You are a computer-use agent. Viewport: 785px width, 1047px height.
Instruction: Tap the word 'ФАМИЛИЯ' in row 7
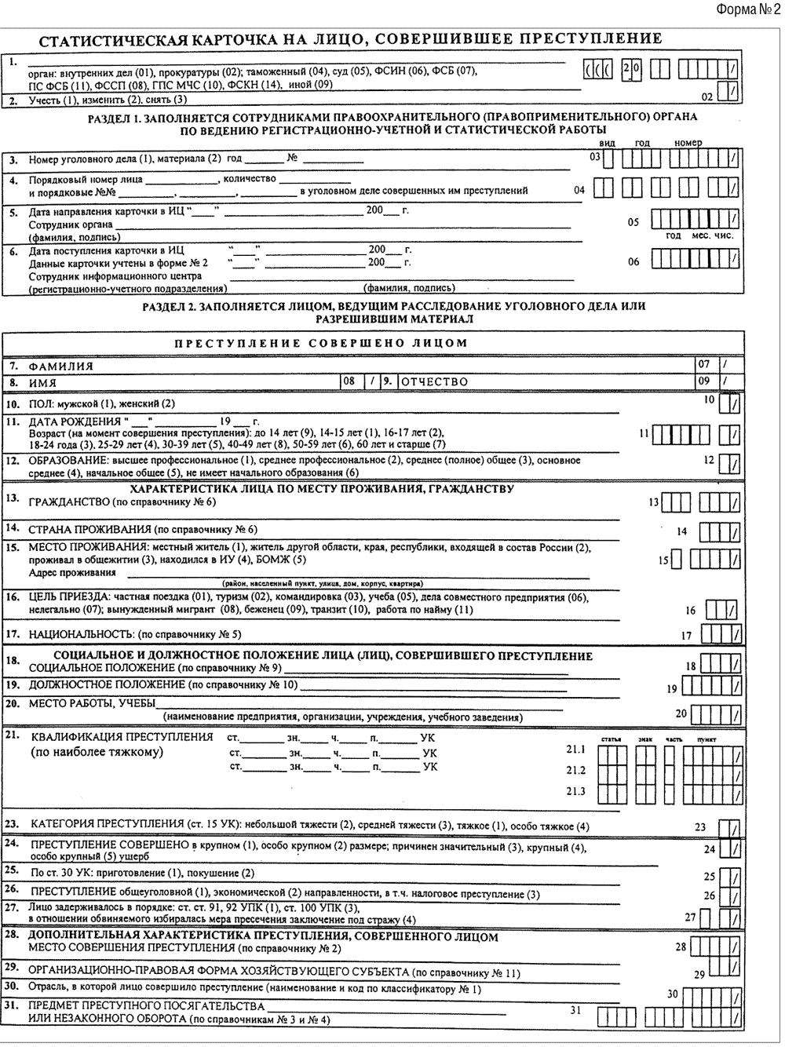tap(60, 366)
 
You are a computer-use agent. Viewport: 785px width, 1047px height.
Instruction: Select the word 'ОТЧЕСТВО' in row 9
tap(434, 381)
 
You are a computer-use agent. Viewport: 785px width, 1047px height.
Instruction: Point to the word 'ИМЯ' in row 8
tap(42, 382)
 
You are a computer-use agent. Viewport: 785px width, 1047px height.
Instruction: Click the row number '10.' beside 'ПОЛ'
tap(13, 403)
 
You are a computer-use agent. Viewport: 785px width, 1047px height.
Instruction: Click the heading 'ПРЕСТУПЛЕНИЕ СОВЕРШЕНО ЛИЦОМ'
tap(320, 343)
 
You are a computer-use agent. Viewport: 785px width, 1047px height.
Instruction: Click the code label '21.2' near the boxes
tap(575, 770)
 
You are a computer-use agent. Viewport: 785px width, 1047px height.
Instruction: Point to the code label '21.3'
tap(575, 791)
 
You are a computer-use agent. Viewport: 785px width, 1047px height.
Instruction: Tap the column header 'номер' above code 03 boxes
tap(688, 143)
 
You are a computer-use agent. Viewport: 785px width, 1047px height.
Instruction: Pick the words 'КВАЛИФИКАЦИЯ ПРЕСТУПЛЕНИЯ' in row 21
tap(122, 737)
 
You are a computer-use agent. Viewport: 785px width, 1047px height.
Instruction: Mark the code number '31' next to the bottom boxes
tap(575, 1010)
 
